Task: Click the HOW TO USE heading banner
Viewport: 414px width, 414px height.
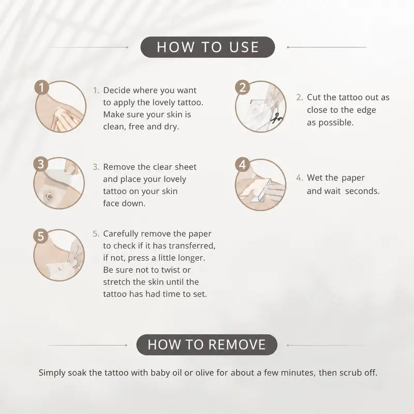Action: (208, 47)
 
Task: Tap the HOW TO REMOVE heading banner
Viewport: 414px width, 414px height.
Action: (206, 345)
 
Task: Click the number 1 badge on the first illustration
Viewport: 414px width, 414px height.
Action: (41, 87)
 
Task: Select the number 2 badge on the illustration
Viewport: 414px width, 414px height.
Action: (242, 87)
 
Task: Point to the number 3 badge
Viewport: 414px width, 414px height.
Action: (40, 164)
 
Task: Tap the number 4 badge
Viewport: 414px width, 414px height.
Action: (242, 165)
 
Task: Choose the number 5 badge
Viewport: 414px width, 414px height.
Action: (40, 236)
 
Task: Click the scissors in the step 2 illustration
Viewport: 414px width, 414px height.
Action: (276, 119)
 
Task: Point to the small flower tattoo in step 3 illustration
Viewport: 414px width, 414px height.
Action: (49, 196)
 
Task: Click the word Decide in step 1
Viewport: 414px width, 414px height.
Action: (117, 90)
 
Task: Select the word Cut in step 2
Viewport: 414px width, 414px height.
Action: (314, 97)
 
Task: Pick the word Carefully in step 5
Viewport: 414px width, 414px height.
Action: (121, 234)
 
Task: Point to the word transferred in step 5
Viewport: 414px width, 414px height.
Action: (192, 246)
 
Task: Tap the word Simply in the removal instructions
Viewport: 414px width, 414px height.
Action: (52, 373)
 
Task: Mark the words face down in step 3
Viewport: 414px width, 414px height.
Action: (124, 203)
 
